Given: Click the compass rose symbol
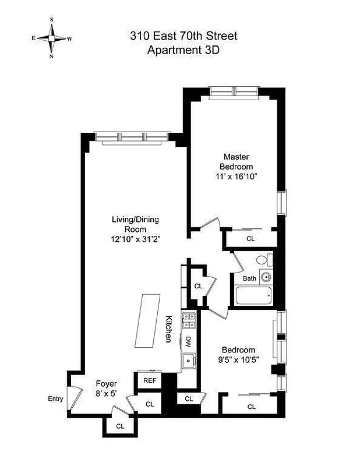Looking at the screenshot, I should click(52, 38).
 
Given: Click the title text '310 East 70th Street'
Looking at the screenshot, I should click(183, 36).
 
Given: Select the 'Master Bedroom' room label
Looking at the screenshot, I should click(237, 161).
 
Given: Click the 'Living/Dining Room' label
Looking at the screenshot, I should click(135, 224).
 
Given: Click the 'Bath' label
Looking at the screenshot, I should click(249, 278).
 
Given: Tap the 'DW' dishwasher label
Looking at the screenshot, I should click(189, 343).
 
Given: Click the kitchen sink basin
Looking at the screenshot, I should click(189, 361).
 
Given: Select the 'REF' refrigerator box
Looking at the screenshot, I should click(149, 381).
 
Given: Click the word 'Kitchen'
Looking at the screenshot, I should click(169, 329).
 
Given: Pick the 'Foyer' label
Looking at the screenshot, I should click(107, 384).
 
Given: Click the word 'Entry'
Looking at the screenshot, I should click(56, 399).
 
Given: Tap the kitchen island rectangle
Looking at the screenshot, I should click(151, 320).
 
